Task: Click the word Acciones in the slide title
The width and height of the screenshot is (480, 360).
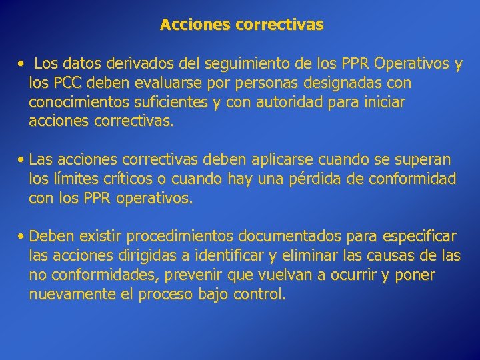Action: click(x=193, y=25)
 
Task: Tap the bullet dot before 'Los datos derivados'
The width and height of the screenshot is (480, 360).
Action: click(x=22, y=65)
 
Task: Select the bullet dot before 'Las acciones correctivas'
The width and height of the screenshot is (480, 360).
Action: click(x=23, y=160)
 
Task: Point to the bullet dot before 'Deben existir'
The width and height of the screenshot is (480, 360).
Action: click(x=23, y=237)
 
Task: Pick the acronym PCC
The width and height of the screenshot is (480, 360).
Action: click(x=67, y=83)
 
